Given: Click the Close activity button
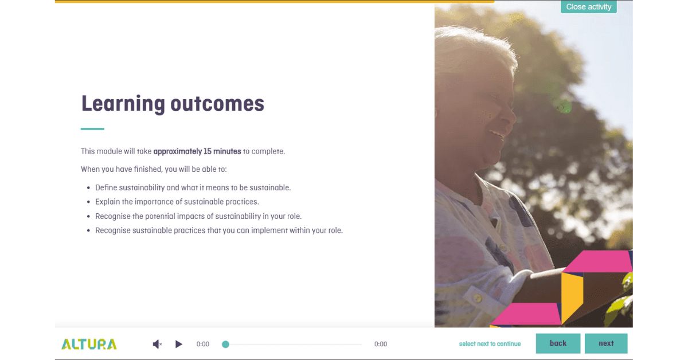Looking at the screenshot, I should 588,7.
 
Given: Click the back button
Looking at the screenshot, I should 558,343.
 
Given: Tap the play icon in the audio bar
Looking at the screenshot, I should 179,344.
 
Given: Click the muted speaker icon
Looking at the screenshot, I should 157,344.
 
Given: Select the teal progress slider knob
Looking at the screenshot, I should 225,344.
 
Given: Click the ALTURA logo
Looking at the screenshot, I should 89,344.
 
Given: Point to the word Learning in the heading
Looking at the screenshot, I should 123,104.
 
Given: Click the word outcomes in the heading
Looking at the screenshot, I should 217,104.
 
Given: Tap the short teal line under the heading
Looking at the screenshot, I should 92,129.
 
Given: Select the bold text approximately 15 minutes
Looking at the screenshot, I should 197,151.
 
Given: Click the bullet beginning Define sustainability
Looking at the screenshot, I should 193,187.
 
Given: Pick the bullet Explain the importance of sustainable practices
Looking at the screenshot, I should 177,202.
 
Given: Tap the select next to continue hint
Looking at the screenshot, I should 490,344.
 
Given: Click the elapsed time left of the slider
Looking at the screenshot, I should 203,344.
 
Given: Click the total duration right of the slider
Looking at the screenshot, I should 381,344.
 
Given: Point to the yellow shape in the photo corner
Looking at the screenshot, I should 572,295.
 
